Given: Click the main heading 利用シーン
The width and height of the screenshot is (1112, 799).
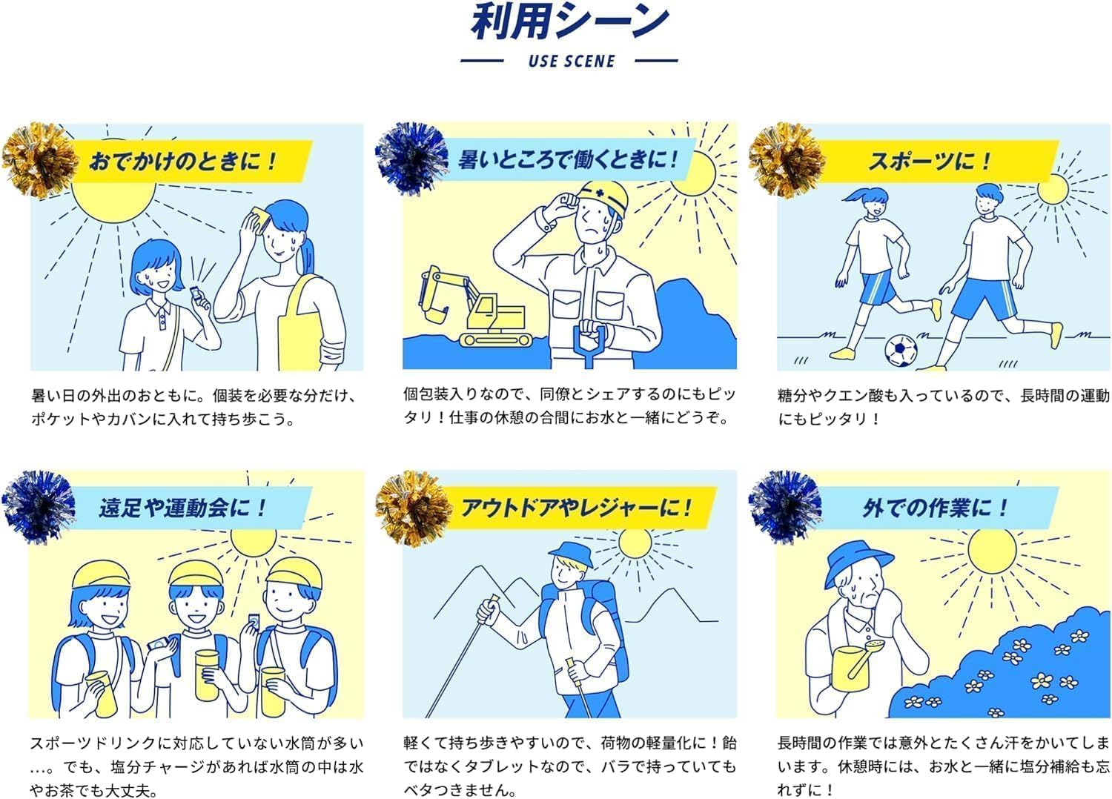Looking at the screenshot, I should [x=569, y=22].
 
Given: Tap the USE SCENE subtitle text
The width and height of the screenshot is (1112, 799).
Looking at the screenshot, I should [x=571, y=61].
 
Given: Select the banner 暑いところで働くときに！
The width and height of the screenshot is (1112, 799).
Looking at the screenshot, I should [x=567, y=159].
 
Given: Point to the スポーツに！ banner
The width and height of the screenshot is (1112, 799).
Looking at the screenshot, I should [x=930, y=161].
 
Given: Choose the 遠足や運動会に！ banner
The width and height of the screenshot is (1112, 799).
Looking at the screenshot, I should [x=182, y=508].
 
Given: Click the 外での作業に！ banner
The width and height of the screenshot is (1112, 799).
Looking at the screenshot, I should [x=934, y=508].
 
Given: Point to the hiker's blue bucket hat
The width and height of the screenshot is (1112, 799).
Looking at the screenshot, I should [x=570, y=553].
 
